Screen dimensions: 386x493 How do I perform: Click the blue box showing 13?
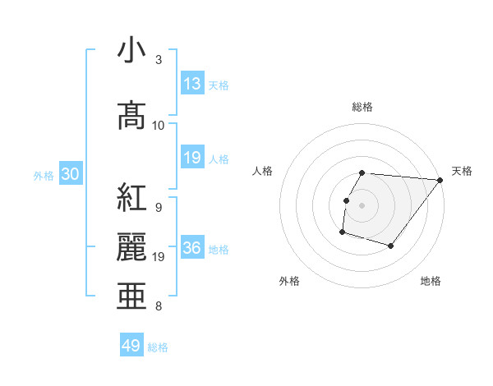(192, 83)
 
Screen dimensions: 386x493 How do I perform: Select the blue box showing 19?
(192, 158)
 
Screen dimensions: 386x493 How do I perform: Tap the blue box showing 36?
(192, 248)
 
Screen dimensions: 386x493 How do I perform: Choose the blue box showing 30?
(70, 174)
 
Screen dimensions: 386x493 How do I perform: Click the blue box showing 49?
(131, 346)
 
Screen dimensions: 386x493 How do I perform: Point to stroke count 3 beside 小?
(159, 60)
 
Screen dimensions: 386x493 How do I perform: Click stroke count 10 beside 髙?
(159, 126)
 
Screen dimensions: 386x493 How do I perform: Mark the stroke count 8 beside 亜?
(159, 306)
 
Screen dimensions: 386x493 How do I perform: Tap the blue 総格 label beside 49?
(158, 347)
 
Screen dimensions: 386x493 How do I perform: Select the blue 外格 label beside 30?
(44, 175)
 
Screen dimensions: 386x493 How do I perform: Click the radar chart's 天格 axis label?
(462, 171)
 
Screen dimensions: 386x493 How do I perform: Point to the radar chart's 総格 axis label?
(362, 107)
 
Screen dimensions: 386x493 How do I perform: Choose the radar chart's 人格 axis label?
(263, 171)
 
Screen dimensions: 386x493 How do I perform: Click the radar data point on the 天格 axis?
(440, 180)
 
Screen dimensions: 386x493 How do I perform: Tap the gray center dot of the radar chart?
(362, 205)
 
